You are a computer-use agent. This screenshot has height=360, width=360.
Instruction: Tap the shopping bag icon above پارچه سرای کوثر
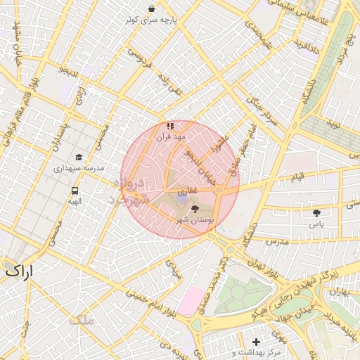[152, 9]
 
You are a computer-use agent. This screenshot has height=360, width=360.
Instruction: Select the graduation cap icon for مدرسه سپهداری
[79, 157]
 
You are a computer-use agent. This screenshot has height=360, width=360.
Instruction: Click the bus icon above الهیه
[75, 190]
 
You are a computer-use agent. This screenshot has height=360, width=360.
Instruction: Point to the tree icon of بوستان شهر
[195, 209]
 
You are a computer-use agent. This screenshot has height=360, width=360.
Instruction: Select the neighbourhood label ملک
[81, 321]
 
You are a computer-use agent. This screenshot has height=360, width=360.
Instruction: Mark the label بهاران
[340, 290]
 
